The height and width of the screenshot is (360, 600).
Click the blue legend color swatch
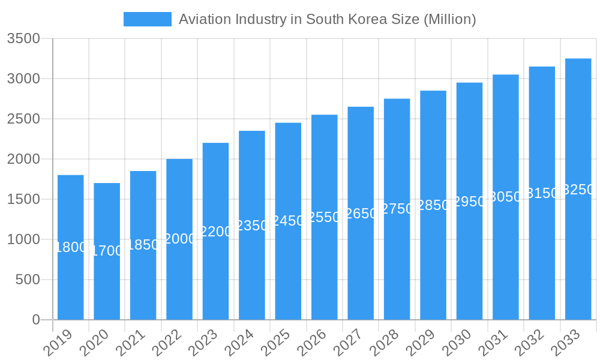(148, 19)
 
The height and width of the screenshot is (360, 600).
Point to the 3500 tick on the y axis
(23, 39)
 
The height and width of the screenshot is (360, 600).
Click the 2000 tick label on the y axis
(23, 160)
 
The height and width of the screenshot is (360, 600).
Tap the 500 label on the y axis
(28, 280)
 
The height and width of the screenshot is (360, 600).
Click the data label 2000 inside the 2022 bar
(179, 239)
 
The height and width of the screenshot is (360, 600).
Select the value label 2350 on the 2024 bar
(252, 226)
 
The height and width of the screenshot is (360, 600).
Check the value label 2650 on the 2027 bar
(361, 214)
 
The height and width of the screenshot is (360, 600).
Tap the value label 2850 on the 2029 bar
(433, 205)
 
